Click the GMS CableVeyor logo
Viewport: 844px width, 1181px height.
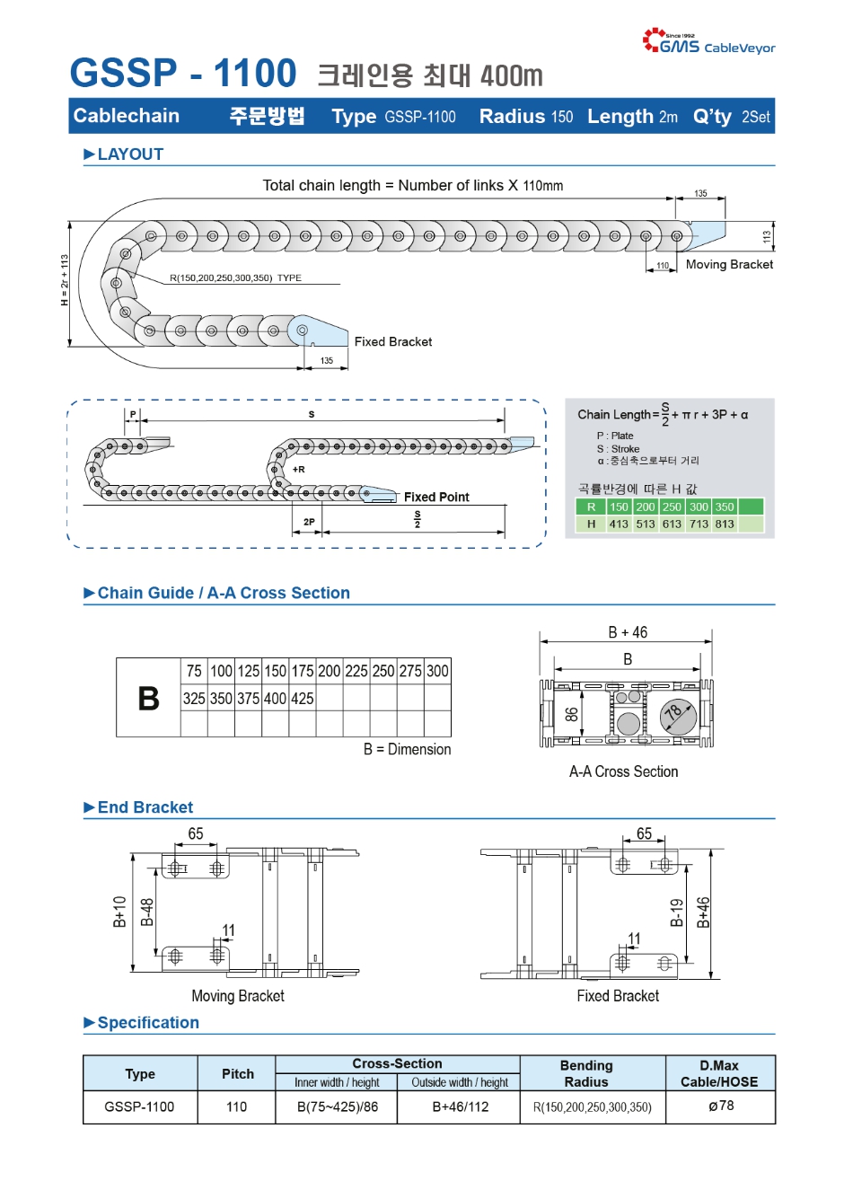tap(708, 41)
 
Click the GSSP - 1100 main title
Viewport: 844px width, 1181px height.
tap(183, 74)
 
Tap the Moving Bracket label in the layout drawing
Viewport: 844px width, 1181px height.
tap(729, 264)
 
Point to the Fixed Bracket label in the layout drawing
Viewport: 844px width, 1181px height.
tap(392, 341)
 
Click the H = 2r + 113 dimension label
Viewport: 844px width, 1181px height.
tap(65, 280)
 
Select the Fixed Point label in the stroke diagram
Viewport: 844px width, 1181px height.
tap(436, 497)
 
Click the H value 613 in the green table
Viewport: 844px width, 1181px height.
tap(672, 524)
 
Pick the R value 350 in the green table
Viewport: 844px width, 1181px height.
tap(725, 507)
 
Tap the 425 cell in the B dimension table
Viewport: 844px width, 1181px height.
tap(303, 698)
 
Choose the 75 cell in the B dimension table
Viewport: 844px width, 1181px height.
tap(194, 671)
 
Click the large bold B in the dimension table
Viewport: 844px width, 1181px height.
tap(148, 699)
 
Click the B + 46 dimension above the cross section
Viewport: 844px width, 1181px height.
tap(628, 632)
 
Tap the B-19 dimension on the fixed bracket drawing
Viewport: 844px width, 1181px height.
tap(677, 912)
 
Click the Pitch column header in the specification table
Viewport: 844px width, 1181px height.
tap(238, 1073)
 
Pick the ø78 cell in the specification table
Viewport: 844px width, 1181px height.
tap(720, 1106)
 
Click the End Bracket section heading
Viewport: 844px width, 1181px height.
tap(145, 807)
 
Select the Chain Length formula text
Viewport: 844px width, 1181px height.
tap(663, 414)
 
